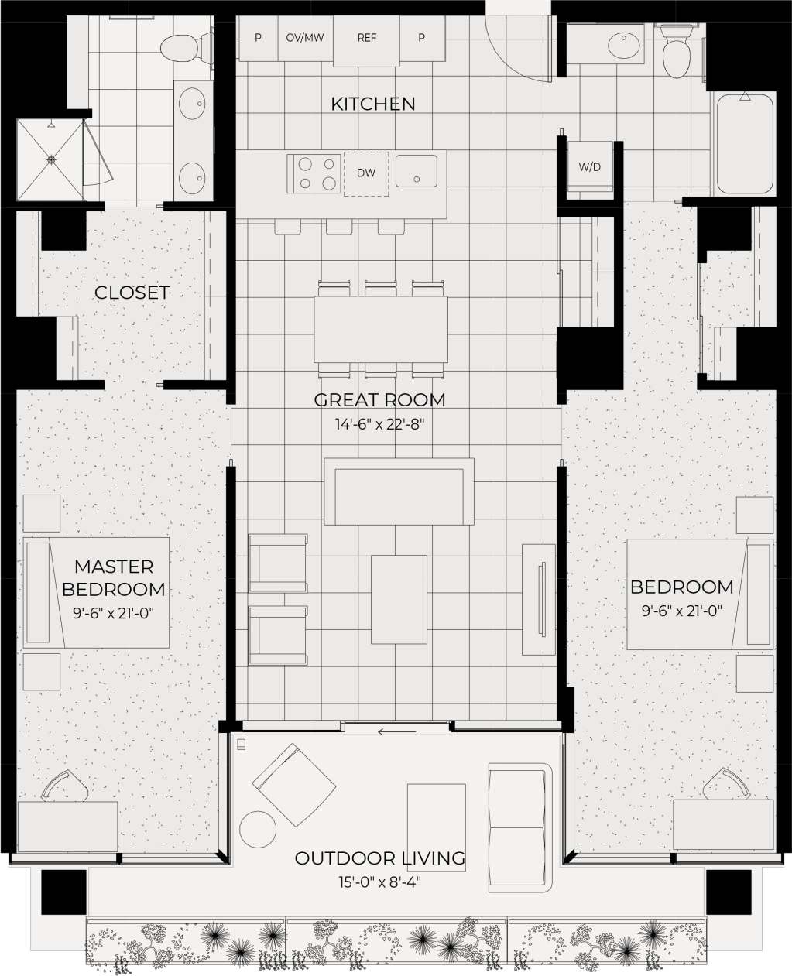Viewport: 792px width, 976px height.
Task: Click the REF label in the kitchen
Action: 367,37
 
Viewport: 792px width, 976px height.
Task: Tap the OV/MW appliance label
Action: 305,37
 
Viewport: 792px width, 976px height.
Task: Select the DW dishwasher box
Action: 366,173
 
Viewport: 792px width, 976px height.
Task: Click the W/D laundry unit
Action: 590,166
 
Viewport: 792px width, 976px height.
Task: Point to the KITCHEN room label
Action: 373,104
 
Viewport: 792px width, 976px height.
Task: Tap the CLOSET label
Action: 132,293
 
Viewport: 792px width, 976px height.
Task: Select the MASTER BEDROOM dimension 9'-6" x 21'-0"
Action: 114,612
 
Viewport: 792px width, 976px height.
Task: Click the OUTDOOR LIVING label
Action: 380,858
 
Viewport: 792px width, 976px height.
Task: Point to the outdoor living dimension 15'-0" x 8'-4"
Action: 380,881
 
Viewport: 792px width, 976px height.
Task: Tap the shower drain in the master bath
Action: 51,160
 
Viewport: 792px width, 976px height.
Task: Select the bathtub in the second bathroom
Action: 744,144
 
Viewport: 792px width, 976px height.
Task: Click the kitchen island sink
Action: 417,171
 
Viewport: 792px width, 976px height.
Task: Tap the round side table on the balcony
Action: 258,830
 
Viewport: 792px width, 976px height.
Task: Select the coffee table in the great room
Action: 399,599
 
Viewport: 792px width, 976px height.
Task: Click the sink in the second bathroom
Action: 623,45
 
